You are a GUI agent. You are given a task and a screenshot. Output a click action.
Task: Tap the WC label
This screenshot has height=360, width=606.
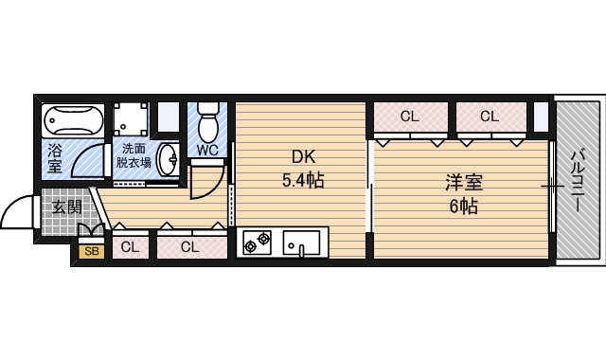208,149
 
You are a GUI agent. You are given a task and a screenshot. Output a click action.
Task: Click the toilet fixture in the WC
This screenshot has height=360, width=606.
208,120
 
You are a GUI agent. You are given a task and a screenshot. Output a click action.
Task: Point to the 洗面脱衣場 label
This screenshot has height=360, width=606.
133,154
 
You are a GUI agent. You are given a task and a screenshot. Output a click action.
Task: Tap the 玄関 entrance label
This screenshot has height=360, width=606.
66,207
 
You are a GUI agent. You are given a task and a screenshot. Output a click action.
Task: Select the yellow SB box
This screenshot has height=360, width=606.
92,251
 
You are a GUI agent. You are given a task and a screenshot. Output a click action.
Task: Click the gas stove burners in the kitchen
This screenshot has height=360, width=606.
257,243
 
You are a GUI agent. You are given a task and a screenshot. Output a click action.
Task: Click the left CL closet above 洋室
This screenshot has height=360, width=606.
409,117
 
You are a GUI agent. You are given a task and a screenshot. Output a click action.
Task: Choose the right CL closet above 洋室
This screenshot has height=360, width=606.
489,117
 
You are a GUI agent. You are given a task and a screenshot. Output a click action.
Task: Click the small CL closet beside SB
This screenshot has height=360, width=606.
131,248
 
